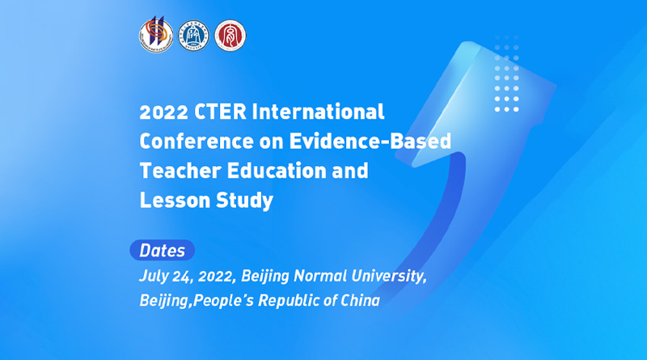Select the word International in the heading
[319, 111]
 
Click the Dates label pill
[162, 250]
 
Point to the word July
[154, 276]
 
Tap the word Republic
[297, 300]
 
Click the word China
[360, 300]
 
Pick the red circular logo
[230, 36]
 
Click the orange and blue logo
[154, 36]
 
